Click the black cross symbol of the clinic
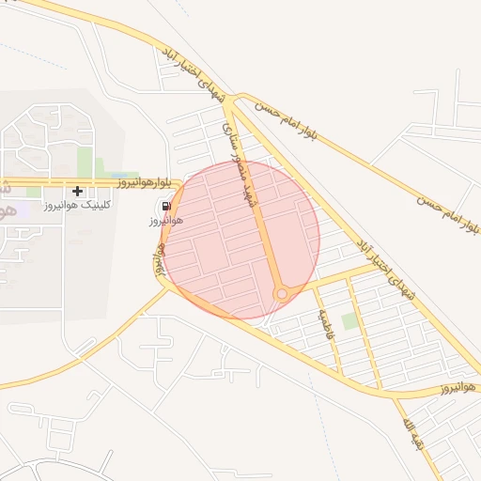point(77,191)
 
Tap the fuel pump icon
point(166,207)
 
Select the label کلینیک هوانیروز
point(78,204)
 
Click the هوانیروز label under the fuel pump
point(164,221)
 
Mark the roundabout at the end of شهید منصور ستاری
point(281,294)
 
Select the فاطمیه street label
point(325,324)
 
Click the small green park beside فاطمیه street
point(349,321)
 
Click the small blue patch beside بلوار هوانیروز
point(119,176)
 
